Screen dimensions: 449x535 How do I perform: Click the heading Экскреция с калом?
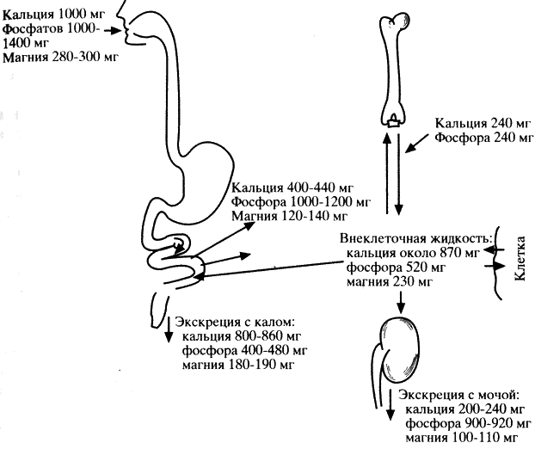tap(234, 323)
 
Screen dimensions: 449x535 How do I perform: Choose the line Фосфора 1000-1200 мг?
tap(300, 203)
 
